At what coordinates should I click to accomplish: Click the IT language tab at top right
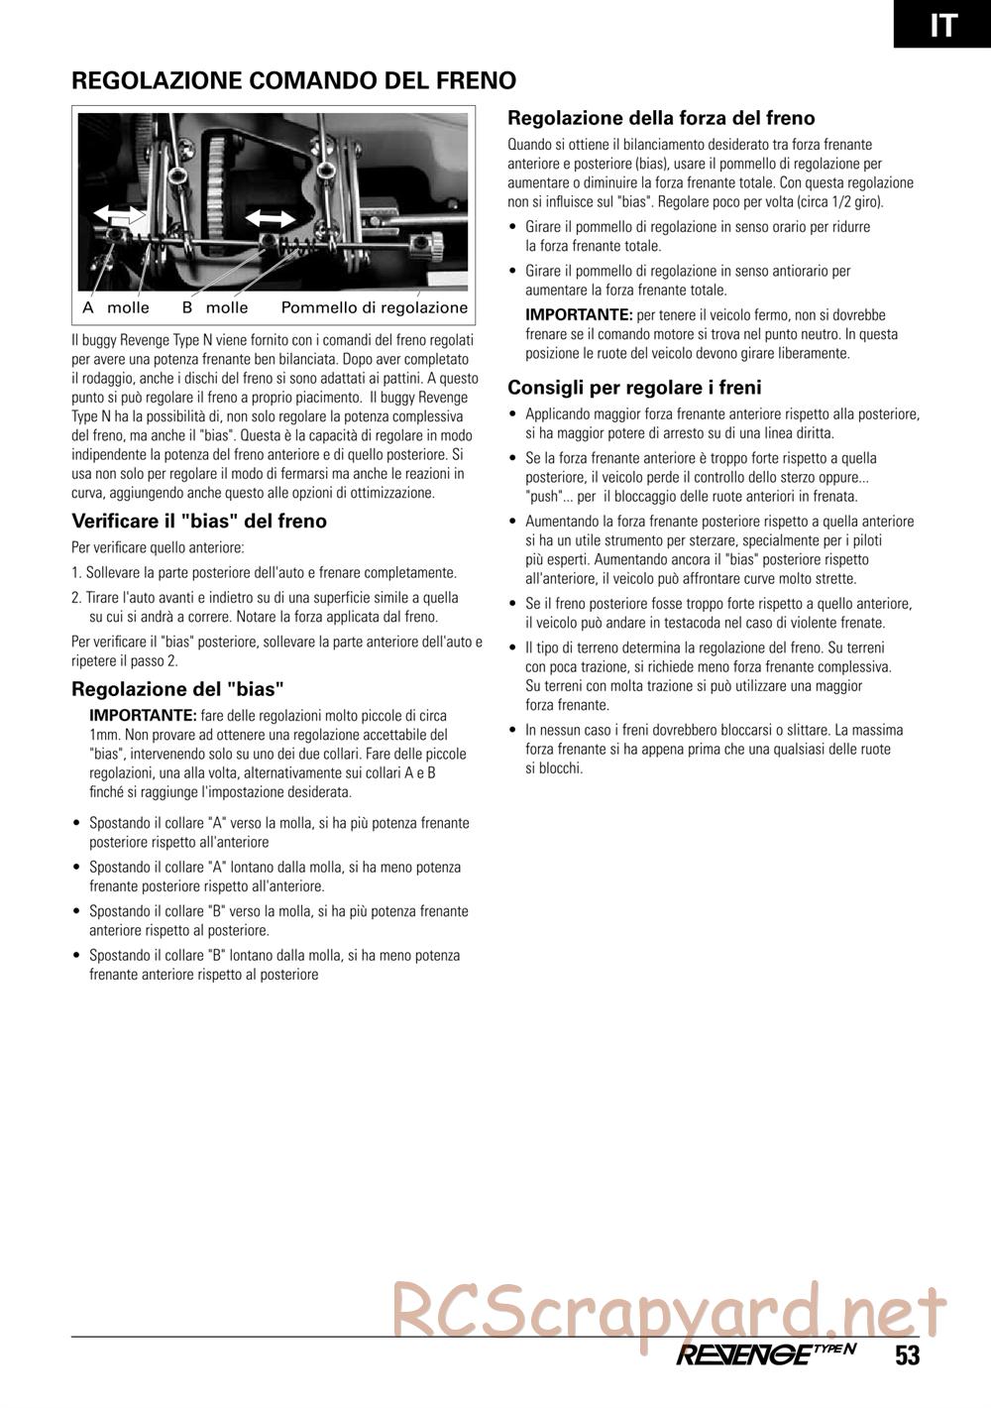942,23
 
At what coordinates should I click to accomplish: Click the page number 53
907,1355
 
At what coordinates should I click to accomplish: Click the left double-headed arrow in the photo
120,215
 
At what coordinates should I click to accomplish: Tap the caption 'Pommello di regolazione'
374,307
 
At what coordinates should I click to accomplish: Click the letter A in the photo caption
88,307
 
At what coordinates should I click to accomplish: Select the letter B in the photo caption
186,307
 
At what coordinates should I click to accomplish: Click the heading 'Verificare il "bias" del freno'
199,521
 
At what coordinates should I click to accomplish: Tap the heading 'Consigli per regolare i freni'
634,387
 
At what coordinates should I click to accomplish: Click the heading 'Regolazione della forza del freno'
661,118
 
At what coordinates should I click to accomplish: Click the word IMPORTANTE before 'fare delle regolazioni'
143,715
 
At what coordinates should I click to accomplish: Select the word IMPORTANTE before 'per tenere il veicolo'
578,314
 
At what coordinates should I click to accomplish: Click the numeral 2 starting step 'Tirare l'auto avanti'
76,597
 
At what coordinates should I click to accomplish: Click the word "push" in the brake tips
543,497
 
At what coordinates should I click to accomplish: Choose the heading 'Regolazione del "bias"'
178,688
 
